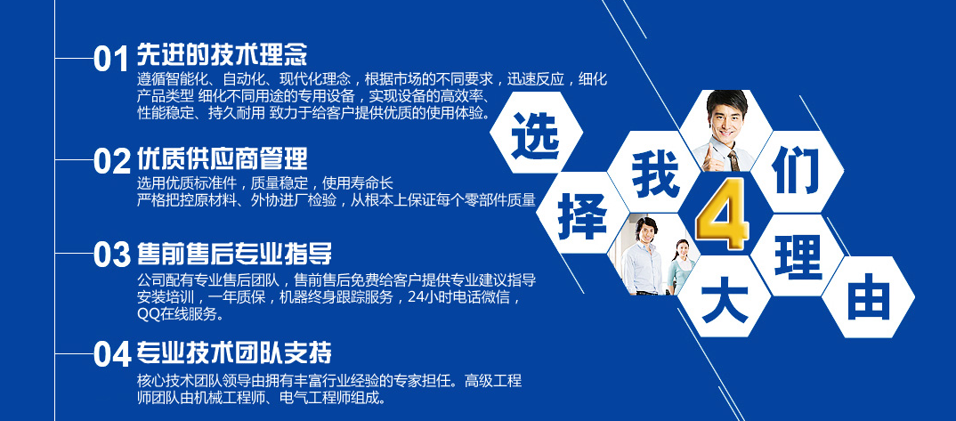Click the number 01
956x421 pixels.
tap(111, 60)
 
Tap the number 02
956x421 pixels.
tap(112, 161)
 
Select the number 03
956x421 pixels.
tap(112, 254)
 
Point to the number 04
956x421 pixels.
tap(112, 354)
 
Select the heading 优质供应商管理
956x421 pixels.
tap(222, 158)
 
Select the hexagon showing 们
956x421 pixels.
tap(797, 173)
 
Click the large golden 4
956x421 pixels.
tap(723, 214)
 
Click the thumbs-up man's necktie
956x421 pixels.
tap(733, 160)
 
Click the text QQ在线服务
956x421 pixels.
tap(181, 315)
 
